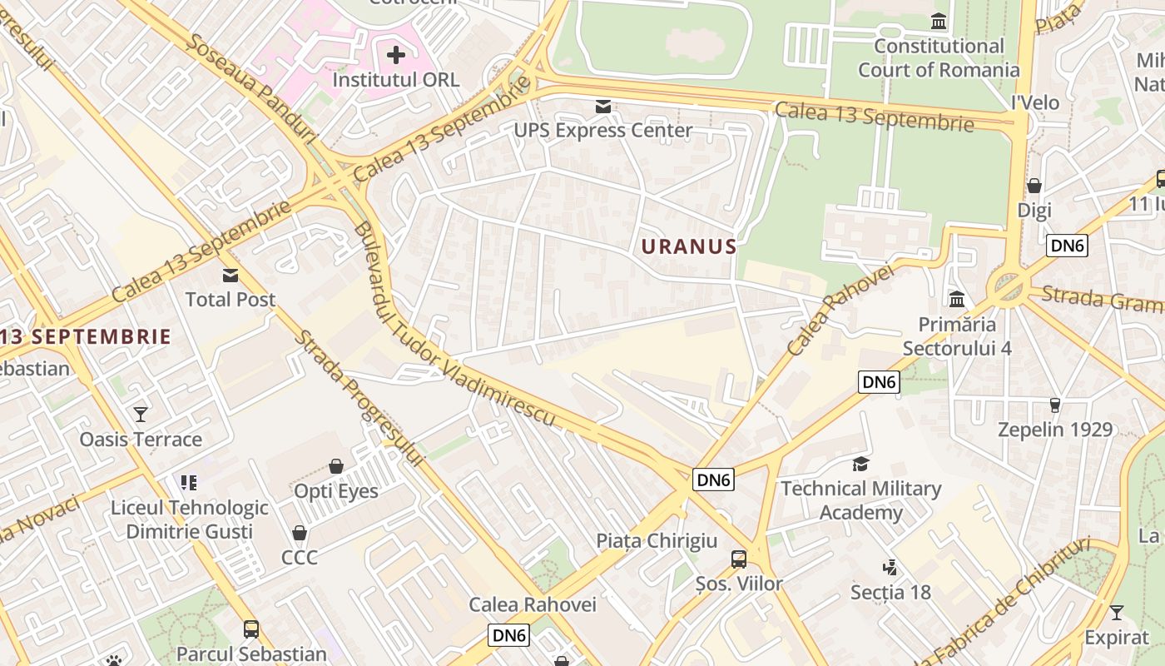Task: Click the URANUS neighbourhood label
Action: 689,246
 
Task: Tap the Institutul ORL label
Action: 395,80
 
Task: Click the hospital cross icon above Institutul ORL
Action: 396,56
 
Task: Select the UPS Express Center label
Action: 602,131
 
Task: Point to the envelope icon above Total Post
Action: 230,276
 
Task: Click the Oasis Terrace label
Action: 141,440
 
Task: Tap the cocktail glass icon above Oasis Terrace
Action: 141,414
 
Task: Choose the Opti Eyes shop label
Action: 336,491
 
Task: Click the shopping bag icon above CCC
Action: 300,533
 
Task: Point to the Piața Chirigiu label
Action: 657,541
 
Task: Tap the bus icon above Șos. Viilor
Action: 739,559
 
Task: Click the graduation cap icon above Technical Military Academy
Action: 860,464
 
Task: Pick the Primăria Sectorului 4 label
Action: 957,336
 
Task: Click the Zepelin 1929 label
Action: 1055,430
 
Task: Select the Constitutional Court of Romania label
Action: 939,58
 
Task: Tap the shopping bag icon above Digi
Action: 1034,186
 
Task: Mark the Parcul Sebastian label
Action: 251,654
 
